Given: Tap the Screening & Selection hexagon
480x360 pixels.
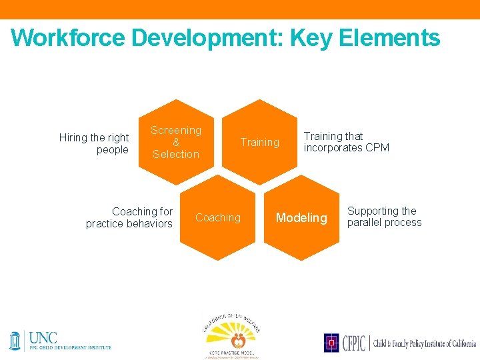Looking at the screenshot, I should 176,142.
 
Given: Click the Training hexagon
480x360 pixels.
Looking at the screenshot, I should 259,142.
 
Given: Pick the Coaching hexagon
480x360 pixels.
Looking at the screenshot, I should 218,218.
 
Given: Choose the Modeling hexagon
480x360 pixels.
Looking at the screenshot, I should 301,218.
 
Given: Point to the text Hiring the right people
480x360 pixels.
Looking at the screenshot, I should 94,143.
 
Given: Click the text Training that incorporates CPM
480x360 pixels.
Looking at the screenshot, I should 346,142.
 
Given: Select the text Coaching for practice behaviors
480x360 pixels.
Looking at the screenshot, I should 129,217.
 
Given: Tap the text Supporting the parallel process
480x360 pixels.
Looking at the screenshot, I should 384,217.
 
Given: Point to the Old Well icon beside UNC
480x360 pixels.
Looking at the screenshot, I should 15,340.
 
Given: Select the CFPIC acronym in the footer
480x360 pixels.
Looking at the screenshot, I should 353,343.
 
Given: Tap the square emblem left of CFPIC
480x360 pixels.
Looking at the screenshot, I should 331,343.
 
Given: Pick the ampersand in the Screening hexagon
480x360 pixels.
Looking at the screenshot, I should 176,142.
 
